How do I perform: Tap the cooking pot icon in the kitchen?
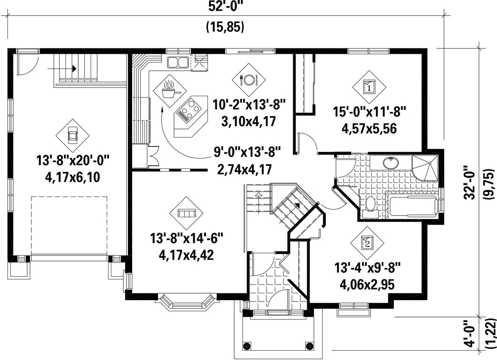tap(170, 90)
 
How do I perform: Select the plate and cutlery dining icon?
tap(249, 80)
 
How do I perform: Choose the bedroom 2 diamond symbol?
tap(367, 244)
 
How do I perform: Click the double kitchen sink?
tap(178, 62)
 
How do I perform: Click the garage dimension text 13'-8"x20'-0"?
tap(73, 161)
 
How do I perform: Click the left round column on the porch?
tap(248, 345)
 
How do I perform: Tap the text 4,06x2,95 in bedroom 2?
tap(367, 285)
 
